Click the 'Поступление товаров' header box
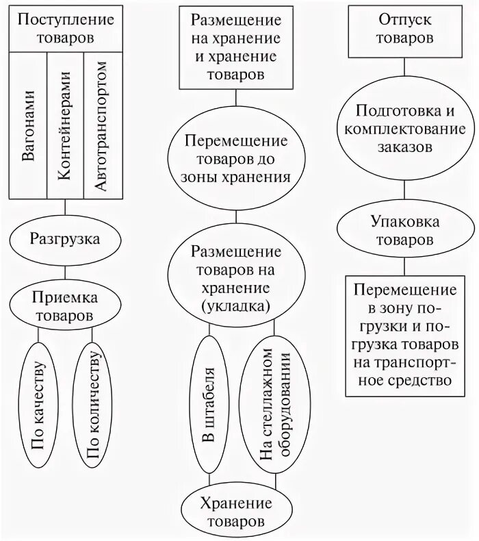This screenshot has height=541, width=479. pos(65,29)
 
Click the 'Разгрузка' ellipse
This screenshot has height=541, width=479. pos(65,239)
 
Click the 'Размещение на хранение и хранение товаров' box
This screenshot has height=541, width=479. pos(235,47)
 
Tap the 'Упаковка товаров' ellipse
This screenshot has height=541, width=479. pos(406,231)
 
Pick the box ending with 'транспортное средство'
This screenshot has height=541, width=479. pos(406,335)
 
